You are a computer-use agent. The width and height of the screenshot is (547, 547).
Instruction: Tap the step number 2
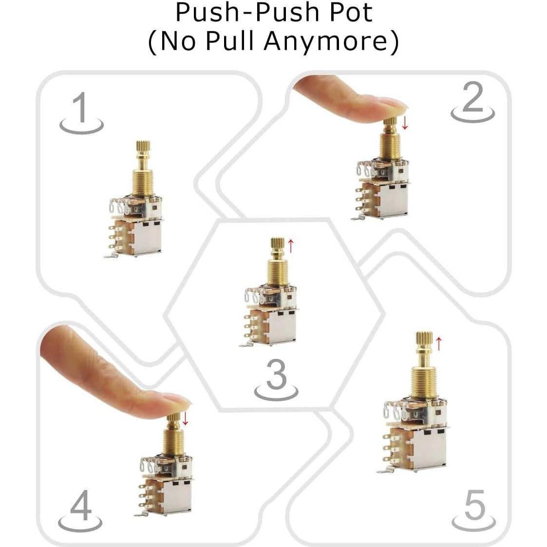click(472, 98)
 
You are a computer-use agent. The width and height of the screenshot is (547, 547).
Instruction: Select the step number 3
click(277, 375)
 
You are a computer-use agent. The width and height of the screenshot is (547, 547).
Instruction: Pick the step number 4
click(80, 507)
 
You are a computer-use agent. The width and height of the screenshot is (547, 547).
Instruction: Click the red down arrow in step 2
click(405, 123)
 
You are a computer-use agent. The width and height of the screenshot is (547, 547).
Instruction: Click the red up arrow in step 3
click(291, 246)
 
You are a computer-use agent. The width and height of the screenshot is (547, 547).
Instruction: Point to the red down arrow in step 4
click(185, 417)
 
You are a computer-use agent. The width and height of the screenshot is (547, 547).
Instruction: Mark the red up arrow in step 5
click(438, 343)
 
